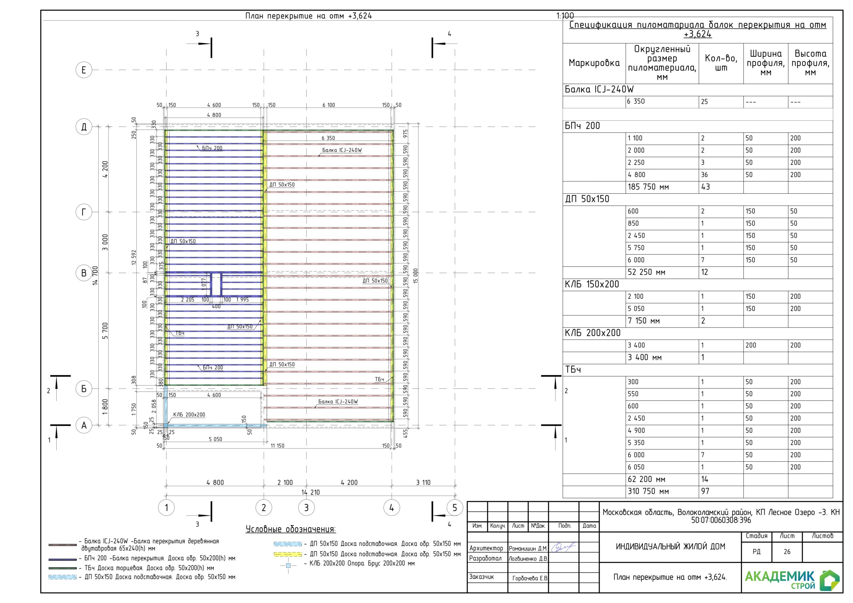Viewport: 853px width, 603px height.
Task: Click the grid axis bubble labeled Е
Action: [84, 70]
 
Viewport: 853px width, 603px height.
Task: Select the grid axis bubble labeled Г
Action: [84, 212]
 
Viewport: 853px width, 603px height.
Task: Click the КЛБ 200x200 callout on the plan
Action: [189, 415]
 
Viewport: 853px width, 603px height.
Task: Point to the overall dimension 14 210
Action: [311, 492]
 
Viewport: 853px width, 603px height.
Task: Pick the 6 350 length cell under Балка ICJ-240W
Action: [636, 101]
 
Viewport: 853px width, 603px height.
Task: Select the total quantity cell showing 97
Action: [705, 491]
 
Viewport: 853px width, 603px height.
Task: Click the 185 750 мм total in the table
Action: [648, 187]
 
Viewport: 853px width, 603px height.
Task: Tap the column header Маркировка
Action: [594, 63]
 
